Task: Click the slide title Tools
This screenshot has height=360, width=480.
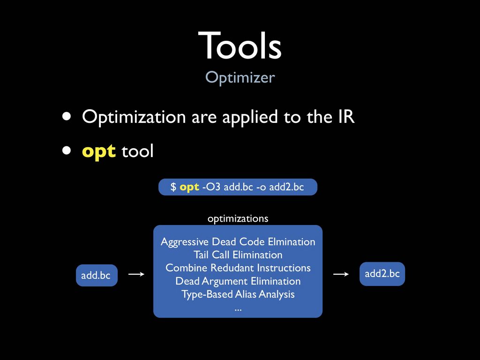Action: pos(240,45)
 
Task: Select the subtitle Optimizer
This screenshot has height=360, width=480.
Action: pos(240,77)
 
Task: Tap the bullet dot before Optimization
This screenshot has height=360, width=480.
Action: pos(67,116)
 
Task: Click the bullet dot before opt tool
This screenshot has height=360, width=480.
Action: pos(67,150)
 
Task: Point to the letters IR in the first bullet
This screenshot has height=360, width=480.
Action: pos(346,116)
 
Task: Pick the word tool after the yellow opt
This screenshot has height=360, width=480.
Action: pos(137,150)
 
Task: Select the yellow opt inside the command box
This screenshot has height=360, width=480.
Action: pos(189,187)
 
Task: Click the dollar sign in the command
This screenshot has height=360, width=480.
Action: pos(173,187)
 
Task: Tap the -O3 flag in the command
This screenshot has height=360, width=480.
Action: pos(211,187)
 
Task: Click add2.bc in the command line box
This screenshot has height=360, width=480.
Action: pos(286,187)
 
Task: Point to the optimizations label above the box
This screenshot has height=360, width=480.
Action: pos(238,218)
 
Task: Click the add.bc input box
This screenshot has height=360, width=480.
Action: pos(97,275)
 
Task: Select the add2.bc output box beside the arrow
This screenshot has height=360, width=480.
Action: pos(382,274)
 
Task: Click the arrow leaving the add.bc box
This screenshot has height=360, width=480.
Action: pos(136,274)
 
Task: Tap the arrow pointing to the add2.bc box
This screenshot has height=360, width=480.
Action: pos(341,274)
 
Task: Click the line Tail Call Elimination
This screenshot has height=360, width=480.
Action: pos(238,255)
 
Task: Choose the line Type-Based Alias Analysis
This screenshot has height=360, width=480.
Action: pos(238,294)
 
